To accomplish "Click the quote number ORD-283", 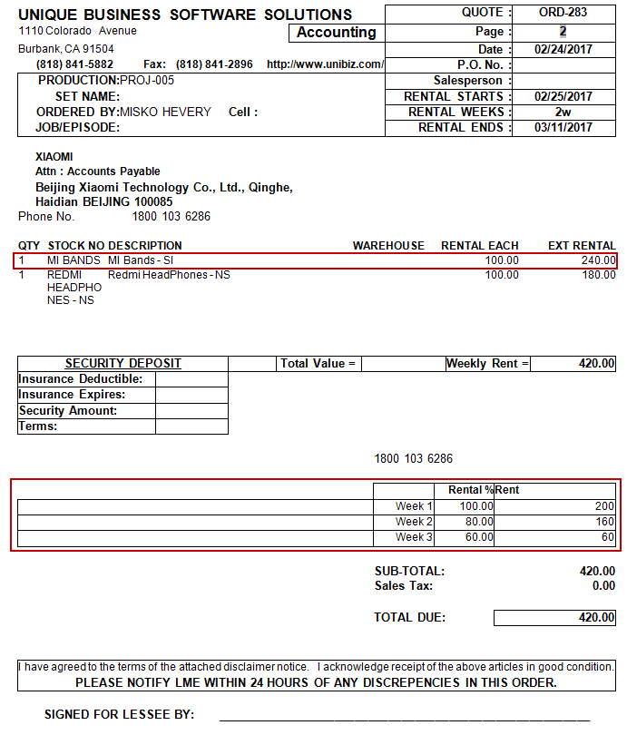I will coord(563,13).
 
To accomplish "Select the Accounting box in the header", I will coord(336,33).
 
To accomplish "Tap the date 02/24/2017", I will coord(563,50).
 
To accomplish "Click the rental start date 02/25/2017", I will coord(563,96).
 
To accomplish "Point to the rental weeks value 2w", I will coord(563,113).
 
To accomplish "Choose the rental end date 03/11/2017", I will coord(563,128).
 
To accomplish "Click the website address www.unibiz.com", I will coord(326,64).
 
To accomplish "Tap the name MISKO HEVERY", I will coord(166,113).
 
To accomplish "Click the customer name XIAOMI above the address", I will coord(54,157).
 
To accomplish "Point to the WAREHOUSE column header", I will coord(388,246).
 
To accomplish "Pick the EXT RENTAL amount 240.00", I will coord(598,260).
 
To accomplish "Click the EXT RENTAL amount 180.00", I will coord(598,275).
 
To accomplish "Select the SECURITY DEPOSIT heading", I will coord(123,364).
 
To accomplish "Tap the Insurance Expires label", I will coord(72,395).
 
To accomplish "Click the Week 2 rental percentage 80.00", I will coord(475,522).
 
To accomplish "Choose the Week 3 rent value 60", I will coord(605,538).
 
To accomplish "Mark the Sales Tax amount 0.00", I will coord(603,586).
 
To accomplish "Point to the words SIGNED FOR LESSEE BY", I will coord(119,715).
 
